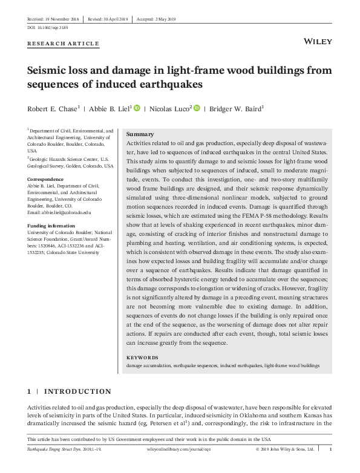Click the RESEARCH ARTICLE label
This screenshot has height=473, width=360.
[x=64, y=44]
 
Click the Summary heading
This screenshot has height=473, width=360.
[x=139, y=134]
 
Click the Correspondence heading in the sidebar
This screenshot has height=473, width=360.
[x=45, y=180]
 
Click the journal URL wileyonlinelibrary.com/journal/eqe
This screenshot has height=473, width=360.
[x=181, y=449]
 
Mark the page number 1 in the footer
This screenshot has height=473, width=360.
[x=330, y=449]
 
